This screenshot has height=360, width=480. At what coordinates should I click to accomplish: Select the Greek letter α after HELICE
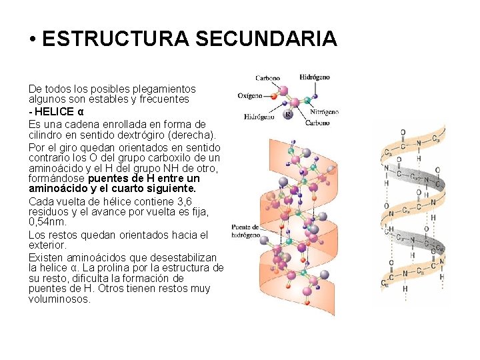(x=81, y=111)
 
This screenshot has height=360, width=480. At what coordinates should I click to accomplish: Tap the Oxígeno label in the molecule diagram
(x=250, y=95)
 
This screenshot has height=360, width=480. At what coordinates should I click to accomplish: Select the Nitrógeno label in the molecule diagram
(x=325, y=112)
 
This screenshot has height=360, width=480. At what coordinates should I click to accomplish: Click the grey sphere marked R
(x=288, y=114)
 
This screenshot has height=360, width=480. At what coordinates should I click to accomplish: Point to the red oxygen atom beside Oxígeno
(x=273, y=96)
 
